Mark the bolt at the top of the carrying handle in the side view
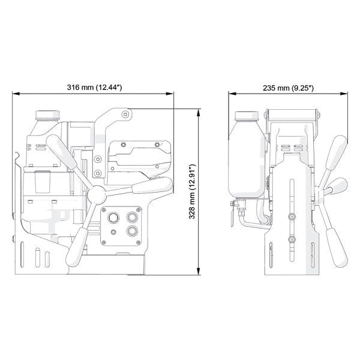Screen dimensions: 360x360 (x=124, y=113)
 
